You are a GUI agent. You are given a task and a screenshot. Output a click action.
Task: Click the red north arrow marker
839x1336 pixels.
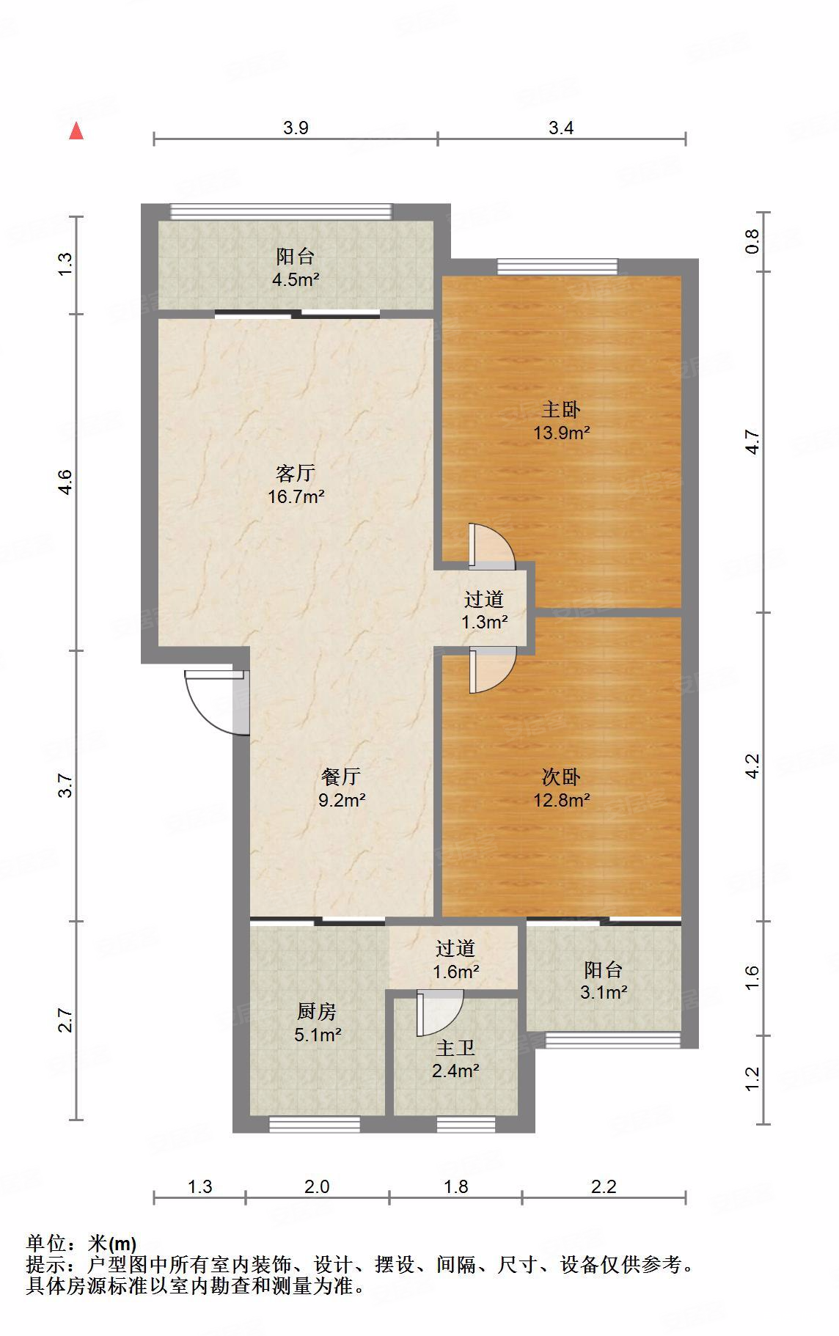pos(76,131)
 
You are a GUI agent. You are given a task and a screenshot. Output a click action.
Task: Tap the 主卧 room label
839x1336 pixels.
pos(561,408)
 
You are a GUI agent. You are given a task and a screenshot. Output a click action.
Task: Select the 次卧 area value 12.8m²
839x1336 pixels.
pos(562,799)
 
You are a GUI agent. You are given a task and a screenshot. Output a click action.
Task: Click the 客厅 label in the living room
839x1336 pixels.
pos(296,472)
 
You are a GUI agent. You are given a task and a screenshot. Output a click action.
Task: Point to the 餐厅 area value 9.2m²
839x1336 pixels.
pos(342,799)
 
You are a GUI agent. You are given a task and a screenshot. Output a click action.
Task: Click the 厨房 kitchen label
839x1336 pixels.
pos(317,1012)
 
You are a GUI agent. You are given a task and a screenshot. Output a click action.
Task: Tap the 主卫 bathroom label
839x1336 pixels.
pos(455,1047)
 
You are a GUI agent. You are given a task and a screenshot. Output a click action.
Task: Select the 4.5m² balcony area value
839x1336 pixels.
pos(296,279)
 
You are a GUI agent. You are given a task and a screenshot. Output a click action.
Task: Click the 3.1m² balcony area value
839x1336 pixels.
pos(604,993)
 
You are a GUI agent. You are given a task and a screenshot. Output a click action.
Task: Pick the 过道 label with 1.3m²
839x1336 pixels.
pos(484,599)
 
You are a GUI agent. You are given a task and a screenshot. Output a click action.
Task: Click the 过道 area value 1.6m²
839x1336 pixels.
pos(455,972)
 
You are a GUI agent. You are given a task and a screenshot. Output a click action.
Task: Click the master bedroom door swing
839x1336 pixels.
pos(492,546)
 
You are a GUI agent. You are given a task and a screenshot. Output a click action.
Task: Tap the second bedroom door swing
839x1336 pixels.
pos(492,670)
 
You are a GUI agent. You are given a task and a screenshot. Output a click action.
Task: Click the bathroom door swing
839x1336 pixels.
pos(439,1013)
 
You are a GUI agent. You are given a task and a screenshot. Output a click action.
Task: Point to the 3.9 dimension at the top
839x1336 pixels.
pos(296,128)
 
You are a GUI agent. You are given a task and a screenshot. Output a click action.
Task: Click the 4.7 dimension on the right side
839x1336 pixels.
pos(752,441)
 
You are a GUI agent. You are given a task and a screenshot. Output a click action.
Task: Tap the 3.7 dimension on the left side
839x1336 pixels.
pos(65,785)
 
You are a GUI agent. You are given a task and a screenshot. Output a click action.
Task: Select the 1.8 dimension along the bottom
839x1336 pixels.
pos(456,1186)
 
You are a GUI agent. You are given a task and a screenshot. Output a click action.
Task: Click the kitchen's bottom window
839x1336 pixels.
pos(315,1123)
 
